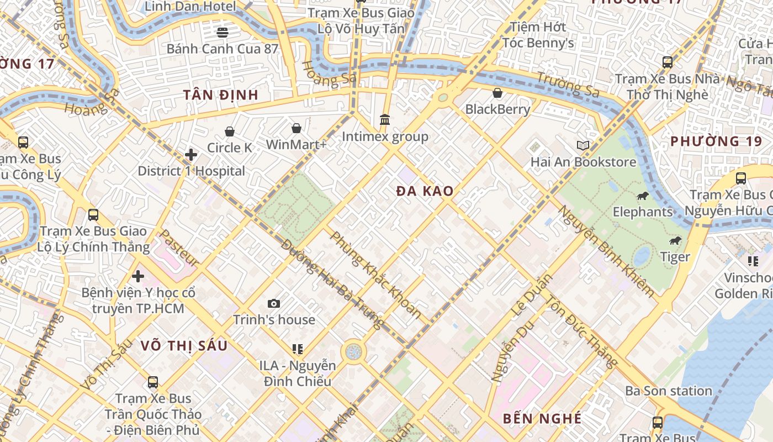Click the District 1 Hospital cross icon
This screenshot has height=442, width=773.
pos(191,154)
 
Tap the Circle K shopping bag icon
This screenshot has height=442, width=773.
pos(230,131)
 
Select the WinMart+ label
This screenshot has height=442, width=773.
pos(297,145)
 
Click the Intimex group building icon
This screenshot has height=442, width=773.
pos(385,119)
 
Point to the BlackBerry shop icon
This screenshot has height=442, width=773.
pos(497,92)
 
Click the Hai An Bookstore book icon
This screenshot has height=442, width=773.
pos(583,145)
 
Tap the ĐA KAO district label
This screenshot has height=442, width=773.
pos(425,192)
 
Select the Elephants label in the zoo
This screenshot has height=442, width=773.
pos(643,212)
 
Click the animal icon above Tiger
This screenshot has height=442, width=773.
pos(675,241)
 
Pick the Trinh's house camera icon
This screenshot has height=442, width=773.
pos(273,303)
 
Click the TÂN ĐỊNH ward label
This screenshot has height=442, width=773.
pos(221,94)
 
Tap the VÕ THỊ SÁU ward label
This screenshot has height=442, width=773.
pos(183,346)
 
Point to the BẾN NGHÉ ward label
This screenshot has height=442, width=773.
pos(542,418)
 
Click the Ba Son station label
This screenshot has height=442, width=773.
pos(669,391)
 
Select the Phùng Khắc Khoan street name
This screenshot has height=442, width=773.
pos(375,275)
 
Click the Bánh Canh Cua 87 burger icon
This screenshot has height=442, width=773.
pos(223,32)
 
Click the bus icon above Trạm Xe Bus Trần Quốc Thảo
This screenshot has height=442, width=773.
pos(153,382)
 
